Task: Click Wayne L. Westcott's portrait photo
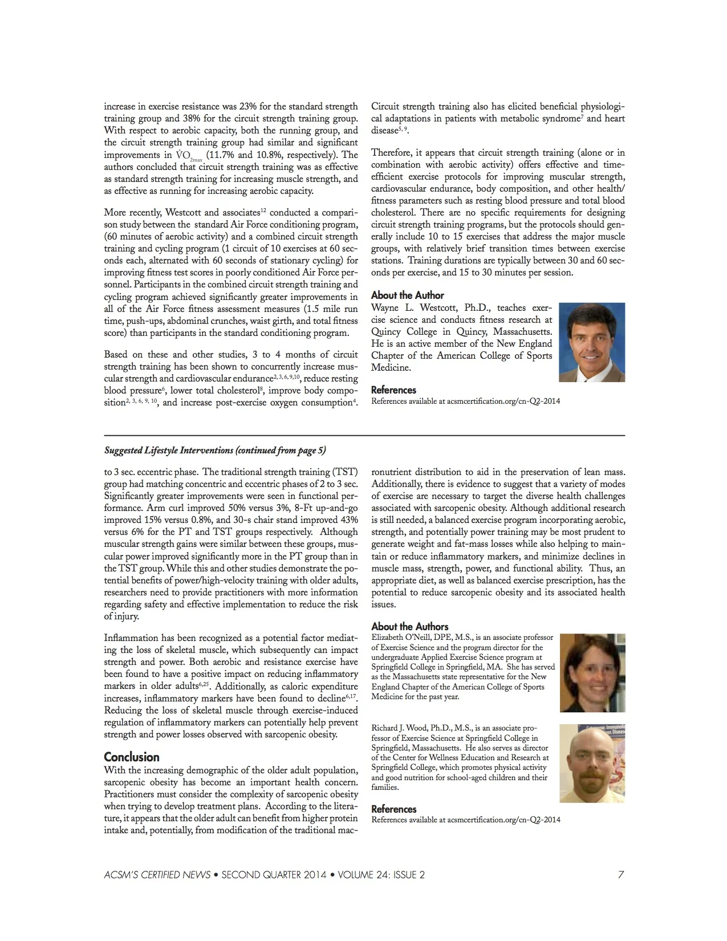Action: (x=592, y=342)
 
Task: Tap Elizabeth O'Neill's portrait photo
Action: (x=592, y=672)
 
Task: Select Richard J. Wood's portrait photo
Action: (x=592, y=763)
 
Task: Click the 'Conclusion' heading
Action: (x=132, y=757)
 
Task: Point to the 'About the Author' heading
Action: (x=407, y=295)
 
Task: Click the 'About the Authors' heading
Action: (x=409, y=626)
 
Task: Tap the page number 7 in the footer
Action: (x=621, y=875)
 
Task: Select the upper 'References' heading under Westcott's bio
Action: (x=393, y=390)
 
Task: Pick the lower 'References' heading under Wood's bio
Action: (x=393, y=809)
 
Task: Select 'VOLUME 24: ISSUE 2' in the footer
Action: (x=381, y=875)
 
